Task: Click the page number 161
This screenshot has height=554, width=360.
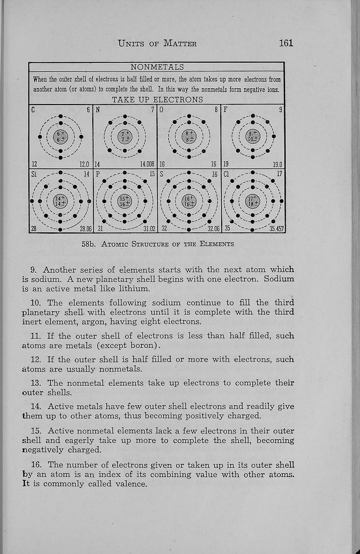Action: tap(286, 43)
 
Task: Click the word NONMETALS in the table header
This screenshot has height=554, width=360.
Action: tap(157, 67)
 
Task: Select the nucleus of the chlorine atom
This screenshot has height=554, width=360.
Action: tap(253, 201)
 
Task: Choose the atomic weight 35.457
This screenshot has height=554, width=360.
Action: tap(276, 229)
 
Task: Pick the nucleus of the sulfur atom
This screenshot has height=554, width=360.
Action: tap(189, 201)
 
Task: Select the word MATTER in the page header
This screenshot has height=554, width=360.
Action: tap(180, 44)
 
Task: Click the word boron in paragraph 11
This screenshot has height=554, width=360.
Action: tap(143, 346)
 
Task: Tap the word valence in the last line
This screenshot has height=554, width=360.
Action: tap(131, 484)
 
